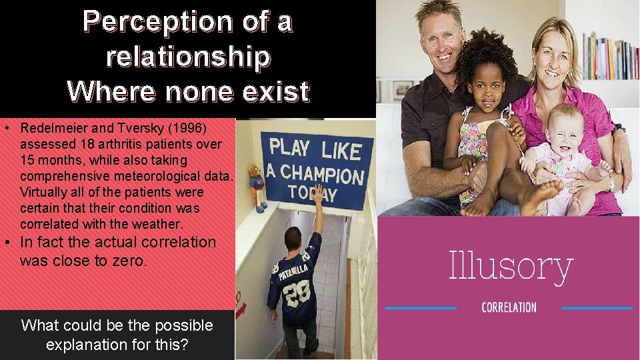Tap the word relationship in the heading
point(188,57)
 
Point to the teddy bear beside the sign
point(256,185)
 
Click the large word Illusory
point(511,266)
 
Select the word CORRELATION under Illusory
point(509,307)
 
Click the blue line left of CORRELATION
point(421,308)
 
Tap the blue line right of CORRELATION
point(597,308)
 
